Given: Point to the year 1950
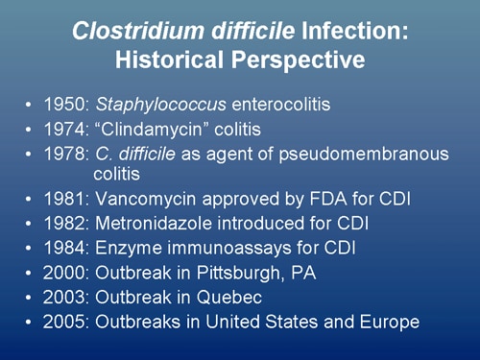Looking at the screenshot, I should (60, 104).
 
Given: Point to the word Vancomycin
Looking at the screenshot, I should (136, 201).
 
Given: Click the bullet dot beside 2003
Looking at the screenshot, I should (30, 298).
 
